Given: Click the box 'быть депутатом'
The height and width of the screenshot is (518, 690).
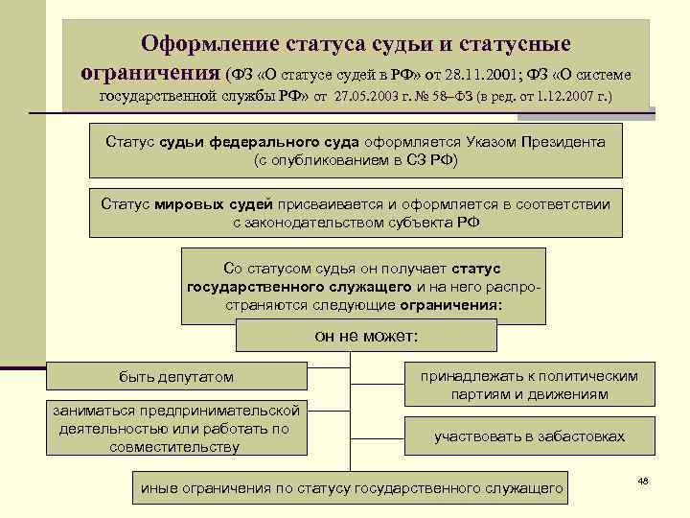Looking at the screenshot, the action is point(176,377).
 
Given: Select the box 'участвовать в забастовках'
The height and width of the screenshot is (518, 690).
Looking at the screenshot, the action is point(529,436).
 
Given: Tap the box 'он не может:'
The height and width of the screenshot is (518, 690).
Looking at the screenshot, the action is point(366,336).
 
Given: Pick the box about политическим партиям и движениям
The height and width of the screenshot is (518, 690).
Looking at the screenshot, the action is point(529,385).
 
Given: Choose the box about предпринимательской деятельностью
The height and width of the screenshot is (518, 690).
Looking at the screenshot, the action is point(179,428).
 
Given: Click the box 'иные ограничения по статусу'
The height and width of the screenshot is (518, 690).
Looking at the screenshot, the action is point(352,487).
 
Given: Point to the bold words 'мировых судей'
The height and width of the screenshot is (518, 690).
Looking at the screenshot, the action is point(226,204).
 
